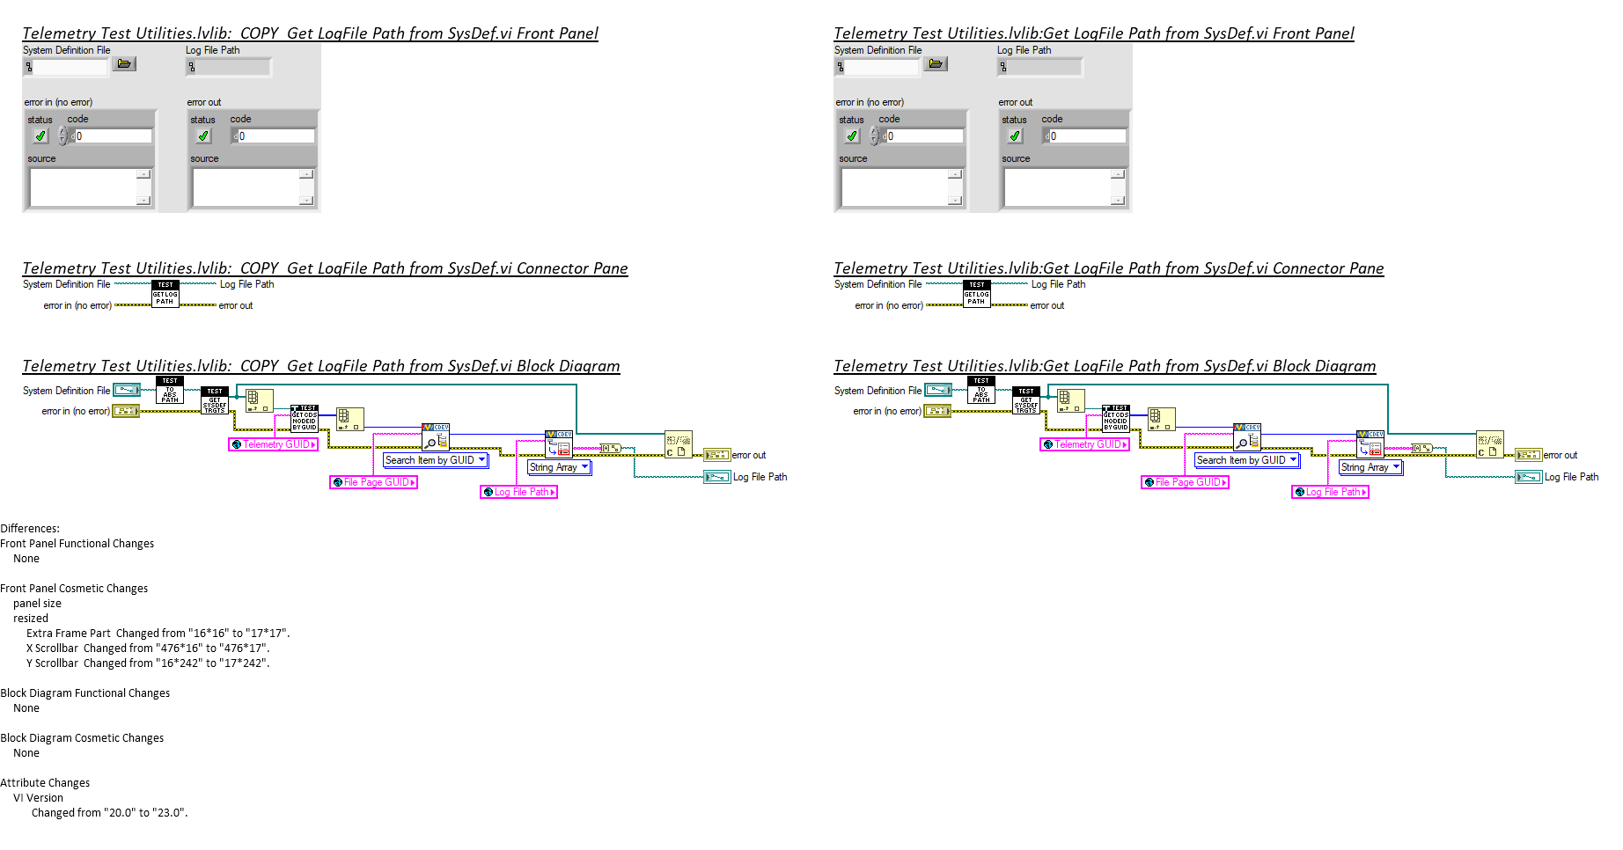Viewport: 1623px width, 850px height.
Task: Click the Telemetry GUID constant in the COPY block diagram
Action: [x=273, y=444]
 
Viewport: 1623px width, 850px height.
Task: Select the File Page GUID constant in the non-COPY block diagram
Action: [x=1185, y=482]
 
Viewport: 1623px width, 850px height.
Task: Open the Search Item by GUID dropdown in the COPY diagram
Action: [x=436, y=460]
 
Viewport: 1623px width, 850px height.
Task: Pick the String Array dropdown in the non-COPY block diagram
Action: [x=1370, y=467]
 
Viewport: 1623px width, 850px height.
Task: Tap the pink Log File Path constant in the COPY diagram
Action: [x=518, y=492]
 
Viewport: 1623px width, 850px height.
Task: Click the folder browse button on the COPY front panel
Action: [x=124, y=64]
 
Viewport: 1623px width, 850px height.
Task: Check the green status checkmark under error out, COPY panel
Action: [x=203, y=136]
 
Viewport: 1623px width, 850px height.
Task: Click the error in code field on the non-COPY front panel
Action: [x=924, y=136]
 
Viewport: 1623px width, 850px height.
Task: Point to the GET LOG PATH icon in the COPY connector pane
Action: [x=165, y=294]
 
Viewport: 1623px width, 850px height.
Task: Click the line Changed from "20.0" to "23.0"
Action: [x=109, y=813]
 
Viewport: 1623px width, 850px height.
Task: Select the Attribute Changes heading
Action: [x=45, y=783]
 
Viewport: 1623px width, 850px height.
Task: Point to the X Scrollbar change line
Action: [x=148, y=648]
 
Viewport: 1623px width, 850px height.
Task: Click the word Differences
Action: [x=30, y=529]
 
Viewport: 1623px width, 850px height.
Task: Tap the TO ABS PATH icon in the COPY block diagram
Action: [x=170, y=391]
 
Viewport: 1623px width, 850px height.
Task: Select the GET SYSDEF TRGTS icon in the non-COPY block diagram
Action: [x=1026, y=400]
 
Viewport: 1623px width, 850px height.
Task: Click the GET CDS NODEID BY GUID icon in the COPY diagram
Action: [x=304, y=419]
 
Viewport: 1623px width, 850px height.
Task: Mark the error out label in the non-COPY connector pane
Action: [x=1047, y=306]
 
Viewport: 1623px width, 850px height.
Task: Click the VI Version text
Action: [x=38, y=798]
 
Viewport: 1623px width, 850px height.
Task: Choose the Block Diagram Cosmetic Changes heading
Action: [x=82, y=738]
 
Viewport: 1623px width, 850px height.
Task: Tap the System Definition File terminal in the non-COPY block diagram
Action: [x=938, y=390]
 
